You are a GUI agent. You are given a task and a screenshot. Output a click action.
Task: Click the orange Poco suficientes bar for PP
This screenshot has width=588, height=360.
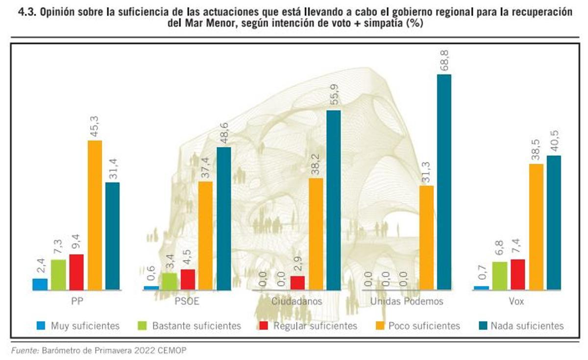click(x=95, y=215)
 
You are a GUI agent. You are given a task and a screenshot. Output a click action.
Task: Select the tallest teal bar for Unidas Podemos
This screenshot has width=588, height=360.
click(x=444, y=182)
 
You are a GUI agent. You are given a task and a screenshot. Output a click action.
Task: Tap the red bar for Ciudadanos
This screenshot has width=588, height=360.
click(x=297, y=283)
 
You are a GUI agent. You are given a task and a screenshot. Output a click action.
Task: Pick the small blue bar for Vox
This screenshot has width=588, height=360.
click(x=481, y=288)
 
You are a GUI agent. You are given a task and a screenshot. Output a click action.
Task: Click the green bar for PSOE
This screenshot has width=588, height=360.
click(x=170, y=281)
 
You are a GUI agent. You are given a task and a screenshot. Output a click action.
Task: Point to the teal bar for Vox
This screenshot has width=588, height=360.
click(x=554, y=223)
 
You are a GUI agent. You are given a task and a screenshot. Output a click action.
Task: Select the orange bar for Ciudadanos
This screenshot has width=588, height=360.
click(x=316, y=234)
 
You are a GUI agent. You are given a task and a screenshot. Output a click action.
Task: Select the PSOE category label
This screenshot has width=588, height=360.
click(x=187, y=302)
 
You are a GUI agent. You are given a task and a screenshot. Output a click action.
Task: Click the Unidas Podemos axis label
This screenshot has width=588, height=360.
click(x=407, y=302)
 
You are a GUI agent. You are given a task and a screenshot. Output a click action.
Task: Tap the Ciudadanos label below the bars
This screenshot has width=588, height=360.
click(x=296, y=302)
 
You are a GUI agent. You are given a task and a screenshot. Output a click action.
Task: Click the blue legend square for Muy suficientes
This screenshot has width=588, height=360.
click(x=41, y=326)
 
